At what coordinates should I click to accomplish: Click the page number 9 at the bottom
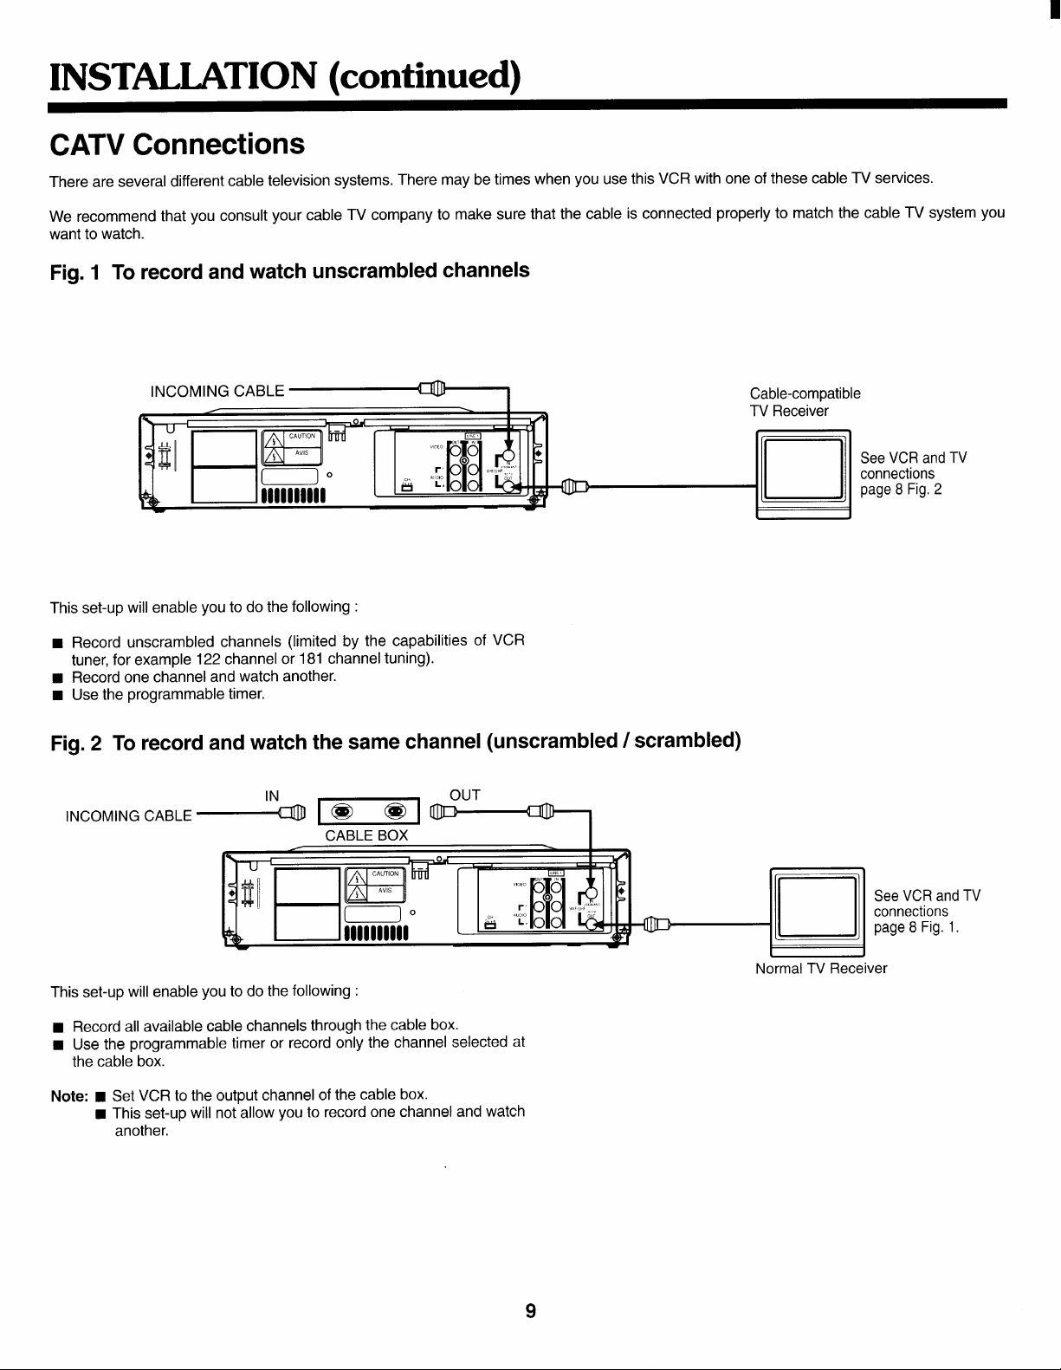pyautogui.click(x=530, y=1311)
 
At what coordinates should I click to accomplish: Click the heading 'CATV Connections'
pyautogui.click(x=177, y=144)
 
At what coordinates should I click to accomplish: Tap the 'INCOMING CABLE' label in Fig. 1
pyautogui.click(x=217, y=391)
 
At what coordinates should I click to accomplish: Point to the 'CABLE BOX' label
pyautogui.click(x=366, y=835)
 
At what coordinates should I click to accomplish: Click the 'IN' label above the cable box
pyautogui.click(x=272, y=795)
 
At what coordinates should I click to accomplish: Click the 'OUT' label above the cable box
pyautogui.click(x=465, y=795)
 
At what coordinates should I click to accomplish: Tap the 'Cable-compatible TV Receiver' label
pyautogui.click(x=805, y=402)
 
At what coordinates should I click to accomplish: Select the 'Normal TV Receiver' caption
pyautogui.click(x=821, y=968)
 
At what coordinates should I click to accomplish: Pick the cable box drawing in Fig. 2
pyautogui.click(x=369, y=811)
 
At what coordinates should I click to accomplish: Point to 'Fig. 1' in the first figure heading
pyautogui.click(x=75, y=272)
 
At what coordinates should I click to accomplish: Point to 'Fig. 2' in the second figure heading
pyautogui.click(x=76, y=743)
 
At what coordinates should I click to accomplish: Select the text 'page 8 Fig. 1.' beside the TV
pyautogui.click(x=916, y=927)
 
